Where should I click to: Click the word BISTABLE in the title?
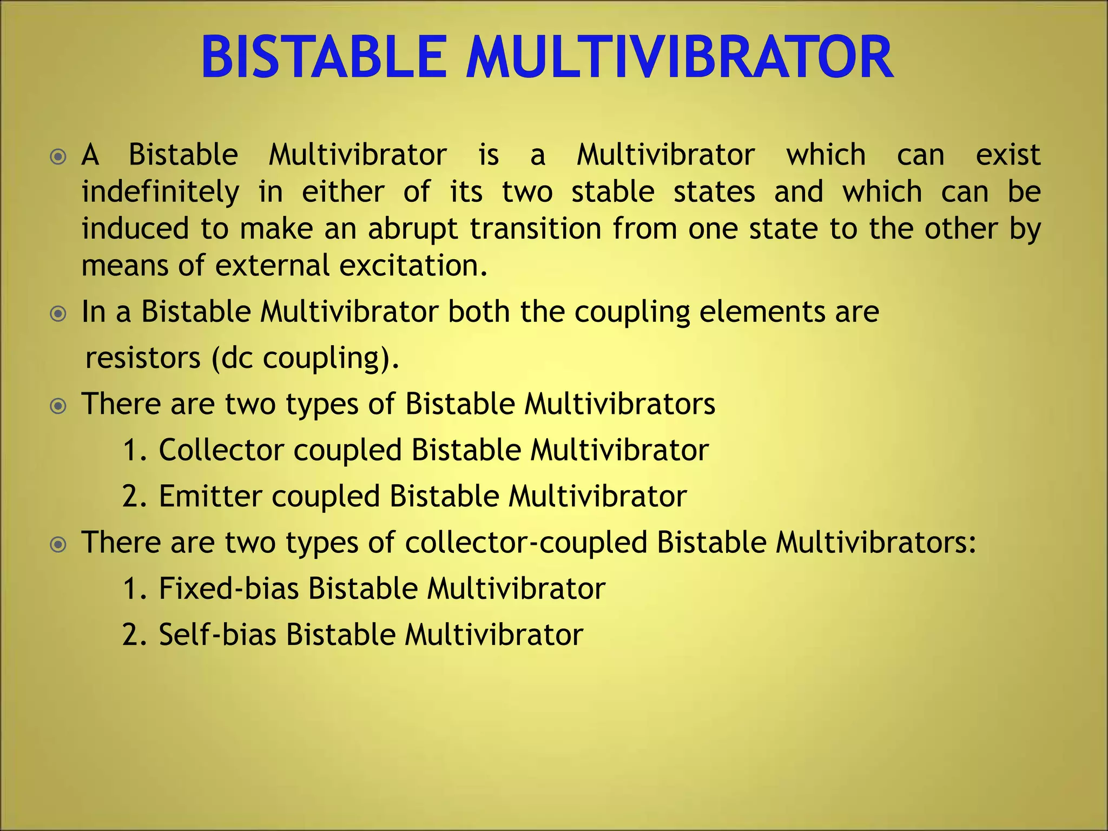point(324,58)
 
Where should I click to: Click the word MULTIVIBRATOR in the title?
point(680,58)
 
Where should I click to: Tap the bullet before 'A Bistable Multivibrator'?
point(58,157)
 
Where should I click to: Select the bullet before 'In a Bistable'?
point(58,314)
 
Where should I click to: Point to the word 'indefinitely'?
point(160,193)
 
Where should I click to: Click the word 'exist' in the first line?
point(1007,156)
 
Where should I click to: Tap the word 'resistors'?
point(143,358)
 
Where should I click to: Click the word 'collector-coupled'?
point(526,543)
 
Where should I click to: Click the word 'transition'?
point(536,229)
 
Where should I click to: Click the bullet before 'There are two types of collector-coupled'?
point(58,544)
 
